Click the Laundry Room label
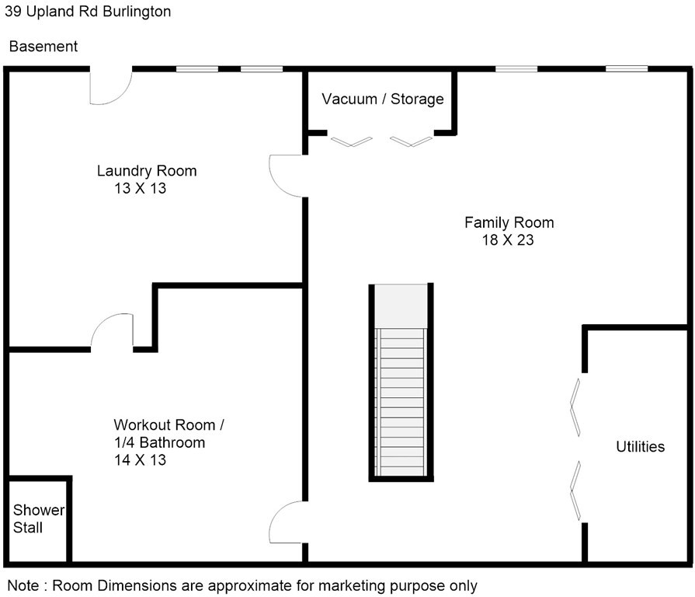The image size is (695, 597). coord(147,171)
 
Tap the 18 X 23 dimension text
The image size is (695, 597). coord(508,240)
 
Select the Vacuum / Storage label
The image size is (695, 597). coord(383,99)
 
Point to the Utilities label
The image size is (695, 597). coord(641,447)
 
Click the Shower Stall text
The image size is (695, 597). coord(39,519)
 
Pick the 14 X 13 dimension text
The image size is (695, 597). coord(140,460)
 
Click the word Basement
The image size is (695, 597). coord(43,46)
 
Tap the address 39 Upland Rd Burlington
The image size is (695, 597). coord(88,11)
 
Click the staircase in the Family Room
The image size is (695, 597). coord(401,382)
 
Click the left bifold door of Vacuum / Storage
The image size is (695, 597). coord(352,141)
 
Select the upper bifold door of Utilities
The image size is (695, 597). coord(575,407)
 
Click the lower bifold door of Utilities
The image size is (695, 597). coord(575,491)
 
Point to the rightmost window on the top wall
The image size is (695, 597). coord(627,68)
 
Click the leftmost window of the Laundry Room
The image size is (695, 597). coord(197,68)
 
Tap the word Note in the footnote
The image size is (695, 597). coord(23,585)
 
